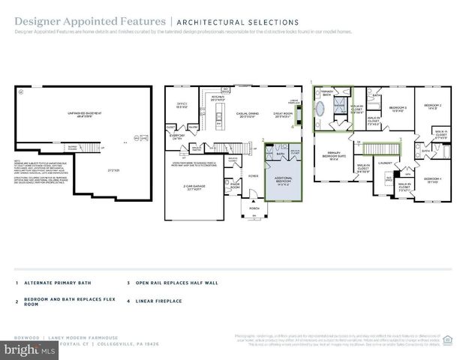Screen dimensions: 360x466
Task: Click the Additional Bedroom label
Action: (x=281, y=181)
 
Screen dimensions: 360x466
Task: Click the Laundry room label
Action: (x=386, y=161)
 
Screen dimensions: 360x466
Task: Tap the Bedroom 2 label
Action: (x=430, y=106)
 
